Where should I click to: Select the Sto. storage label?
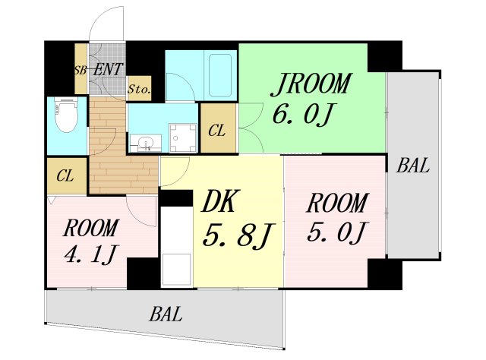[x=138, y=89]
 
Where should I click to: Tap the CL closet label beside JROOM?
[x=216, y=131]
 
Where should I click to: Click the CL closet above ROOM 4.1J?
[x=65, y=176]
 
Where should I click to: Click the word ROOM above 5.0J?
[x=337, y=203]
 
